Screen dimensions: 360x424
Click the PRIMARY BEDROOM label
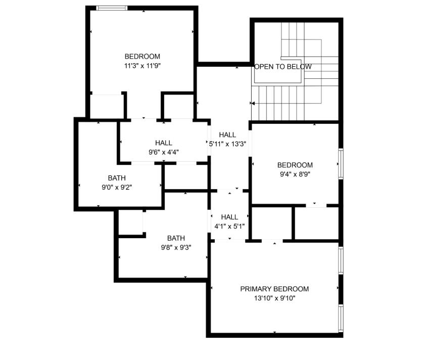tap(274, 289)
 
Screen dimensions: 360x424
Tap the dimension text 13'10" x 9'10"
tap(274, 298)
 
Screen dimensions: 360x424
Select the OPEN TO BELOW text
tap(282, 67)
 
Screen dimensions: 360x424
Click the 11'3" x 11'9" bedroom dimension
tap(142, 66)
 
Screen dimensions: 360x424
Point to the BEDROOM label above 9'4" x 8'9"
tap(295, 165)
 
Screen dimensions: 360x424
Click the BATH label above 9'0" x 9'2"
tap(117, 178)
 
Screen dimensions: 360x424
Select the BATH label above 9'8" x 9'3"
tap(176, 238)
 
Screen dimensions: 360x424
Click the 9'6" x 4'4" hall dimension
tap(163, 152)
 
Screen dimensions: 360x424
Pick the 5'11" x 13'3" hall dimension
tap(227, 144)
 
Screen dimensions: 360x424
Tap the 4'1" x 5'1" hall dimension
tap(229, 226)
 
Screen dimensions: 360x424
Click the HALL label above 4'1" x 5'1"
tap(229, 217)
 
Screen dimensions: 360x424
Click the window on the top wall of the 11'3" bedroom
tap(111, 8)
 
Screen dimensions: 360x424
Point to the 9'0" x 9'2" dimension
tap(117, 187)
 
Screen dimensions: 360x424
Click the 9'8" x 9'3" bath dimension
tap(176, 247)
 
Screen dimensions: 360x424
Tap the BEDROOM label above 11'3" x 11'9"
tap(142, 56)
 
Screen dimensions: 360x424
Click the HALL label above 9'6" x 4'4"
tap(163, 143)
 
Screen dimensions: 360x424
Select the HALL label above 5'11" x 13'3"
tap(227, 134)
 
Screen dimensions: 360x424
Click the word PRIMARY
tap(256, 289)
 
